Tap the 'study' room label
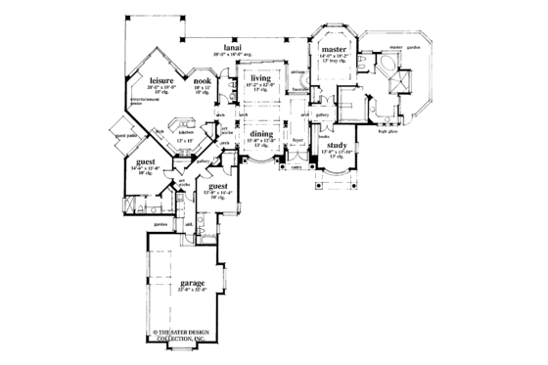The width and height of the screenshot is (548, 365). pos(338,144)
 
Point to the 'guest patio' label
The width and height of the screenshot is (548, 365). pos(125,136)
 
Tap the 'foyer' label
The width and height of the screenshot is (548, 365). pos(294,140)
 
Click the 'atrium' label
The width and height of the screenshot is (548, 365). pos(296,73)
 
